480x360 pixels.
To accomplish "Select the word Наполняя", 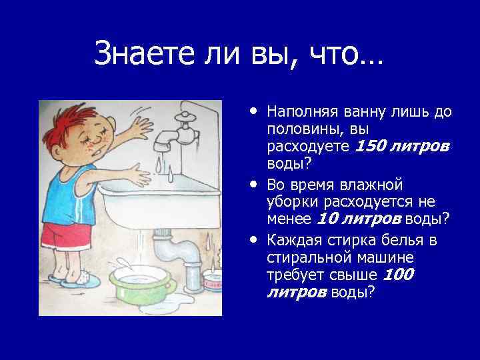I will (301, 111).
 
